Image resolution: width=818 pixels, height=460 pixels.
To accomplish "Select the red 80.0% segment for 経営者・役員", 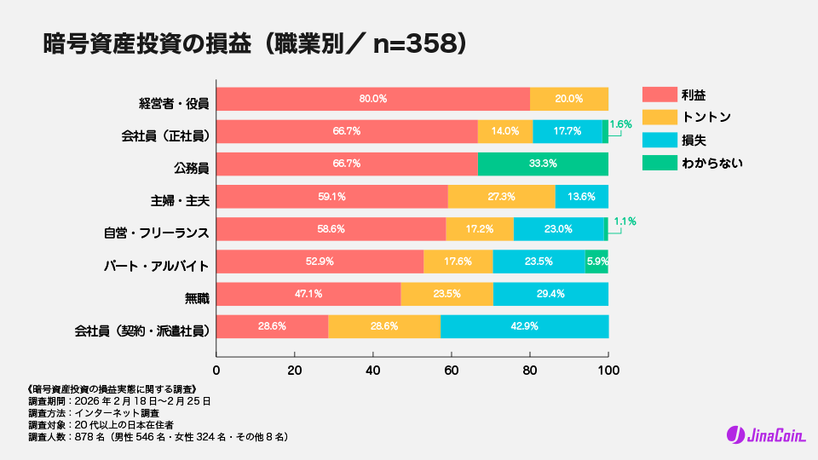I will click(x=372, y=99).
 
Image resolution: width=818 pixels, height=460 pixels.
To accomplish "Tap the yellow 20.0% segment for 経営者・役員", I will click(x=568, y=99).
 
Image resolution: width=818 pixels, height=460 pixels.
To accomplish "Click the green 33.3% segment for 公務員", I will click(x=543, y=164).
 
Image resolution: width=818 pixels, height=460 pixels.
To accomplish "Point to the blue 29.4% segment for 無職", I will click(x=550, y=295).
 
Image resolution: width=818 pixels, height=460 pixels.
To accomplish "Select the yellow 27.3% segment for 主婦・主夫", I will click(x=501, y=197).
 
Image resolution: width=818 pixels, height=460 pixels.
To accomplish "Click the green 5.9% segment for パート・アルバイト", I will click(x=596, y=262).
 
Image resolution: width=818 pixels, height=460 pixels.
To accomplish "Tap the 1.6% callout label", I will click(x=621, y=124).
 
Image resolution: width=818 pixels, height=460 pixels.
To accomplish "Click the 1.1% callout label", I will click(x=625, y=221).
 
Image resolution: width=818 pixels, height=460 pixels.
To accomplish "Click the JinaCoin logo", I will click(x=763, y=434).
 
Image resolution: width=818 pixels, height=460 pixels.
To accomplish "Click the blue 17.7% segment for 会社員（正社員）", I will click(x=567, y=131).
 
